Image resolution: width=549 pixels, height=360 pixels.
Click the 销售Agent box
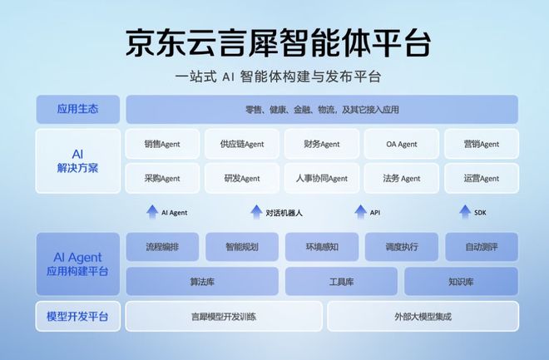[x=162, y=144]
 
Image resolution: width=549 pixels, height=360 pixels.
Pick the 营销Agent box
[x=481, y=144]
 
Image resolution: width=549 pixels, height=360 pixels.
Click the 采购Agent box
[x=162, y=178]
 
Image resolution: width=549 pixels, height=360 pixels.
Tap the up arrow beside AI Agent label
[x=151, y=212]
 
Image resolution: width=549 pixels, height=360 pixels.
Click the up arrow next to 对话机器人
[x=256, y=212]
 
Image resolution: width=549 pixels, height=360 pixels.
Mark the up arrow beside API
[x=360, y=212]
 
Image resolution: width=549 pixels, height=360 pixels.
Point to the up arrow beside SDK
[x=464, y=212]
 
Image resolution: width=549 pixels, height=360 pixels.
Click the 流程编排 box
[x=162, y=247]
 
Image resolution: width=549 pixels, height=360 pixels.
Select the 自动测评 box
[x=481, y=247]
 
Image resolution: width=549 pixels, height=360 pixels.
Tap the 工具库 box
[x=341, y=282]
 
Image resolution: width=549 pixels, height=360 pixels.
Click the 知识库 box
[x=461, y=282]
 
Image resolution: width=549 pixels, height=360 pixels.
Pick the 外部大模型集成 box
[x=422, y=316]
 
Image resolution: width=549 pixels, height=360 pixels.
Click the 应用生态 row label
[x=78, y=109]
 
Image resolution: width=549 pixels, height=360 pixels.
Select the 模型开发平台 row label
[x=78, y=316]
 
